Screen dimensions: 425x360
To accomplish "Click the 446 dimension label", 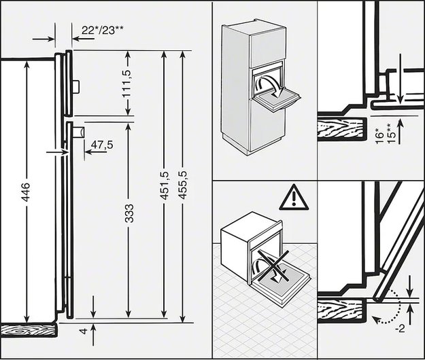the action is pos(26,192).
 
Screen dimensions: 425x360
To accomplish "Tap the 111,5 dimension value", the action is pos(126,84).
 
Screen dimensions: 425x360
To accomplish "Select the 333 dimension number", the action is pos(129,213).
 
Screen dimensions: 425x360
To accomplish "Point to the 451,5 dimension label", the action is pos(165,185).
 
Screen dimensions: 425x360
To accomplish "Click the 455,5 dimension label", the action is pos(183,185).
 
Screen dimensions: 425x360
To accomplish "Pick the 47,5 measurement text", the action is pos(102,145).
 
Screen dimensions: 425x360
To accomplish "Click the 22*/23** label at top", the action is pos(103,30).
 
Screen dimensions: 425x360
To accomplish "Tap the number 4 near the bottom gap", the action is pos(84,331).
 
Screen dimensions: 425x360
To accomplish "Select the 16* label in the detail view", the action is pos(381,137).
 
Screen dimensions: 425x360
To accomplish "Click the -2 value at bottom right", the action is pos(400,329).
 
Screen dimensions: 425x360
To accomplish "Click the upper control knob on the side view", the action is pos(76,87).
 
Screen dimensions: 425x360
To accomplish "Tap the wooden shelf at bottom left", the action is pos(29,331).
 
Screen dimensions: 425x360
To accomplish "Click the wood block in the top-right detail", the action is pos(342,129).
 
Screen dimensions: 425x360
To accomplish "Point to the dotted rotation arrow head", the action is pos(375,319).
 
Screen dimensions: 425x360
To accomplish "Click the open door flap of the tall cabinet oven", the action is pos(277,100).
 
